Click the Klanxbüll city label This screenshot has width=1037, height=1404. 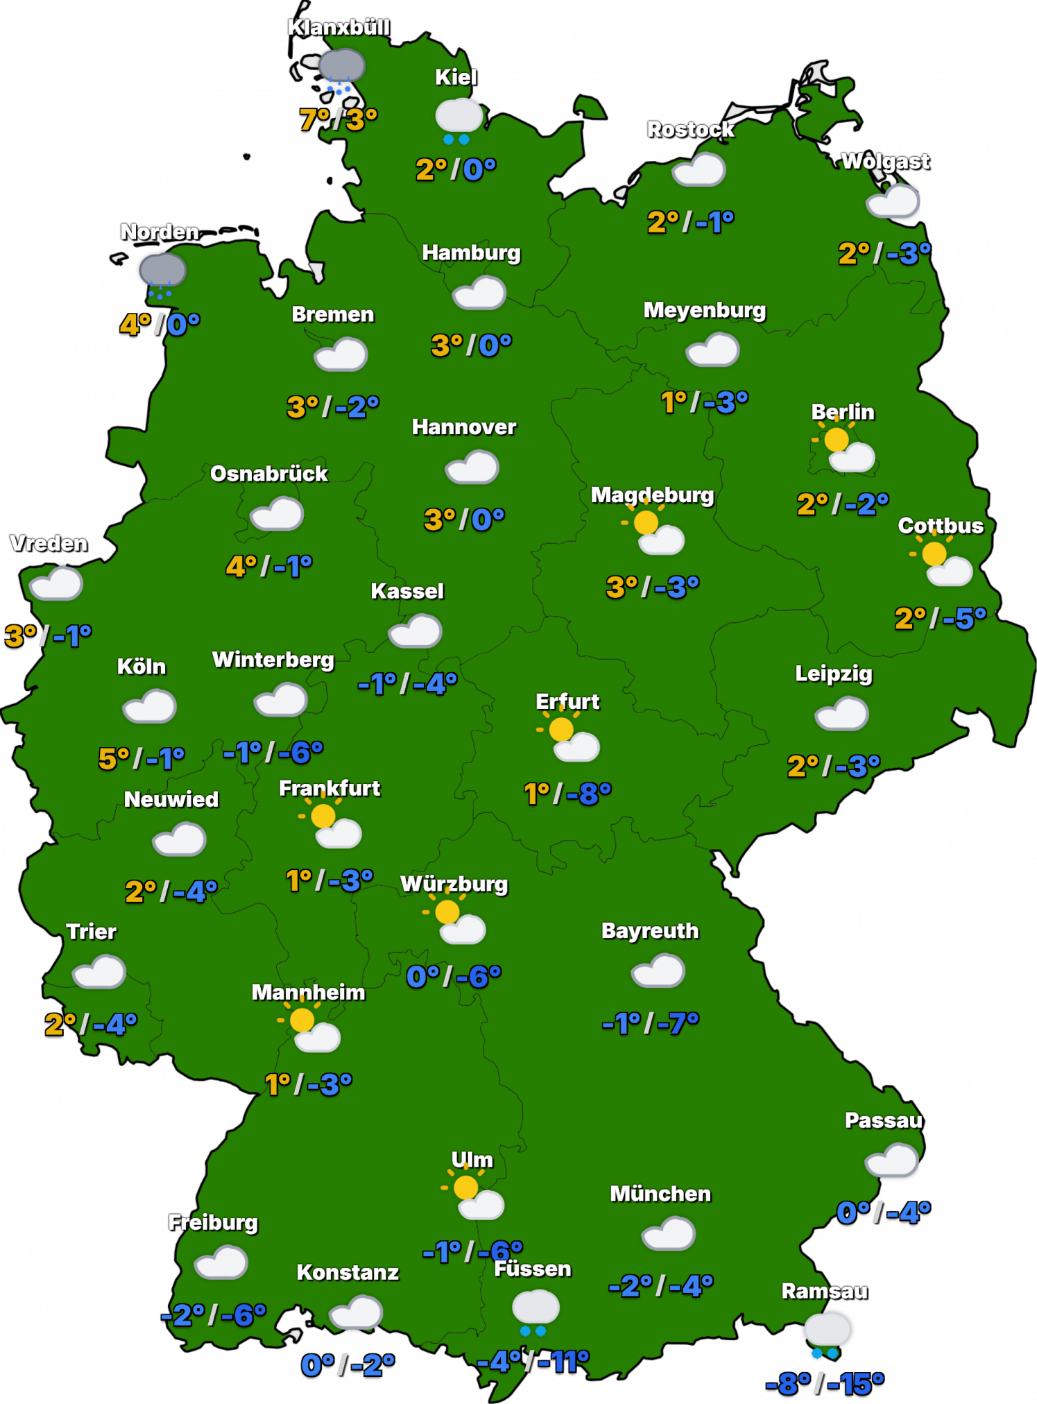click(x=338, y=28)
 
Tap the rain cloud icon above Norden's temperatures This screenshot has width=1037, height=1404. click(x=162, y=273)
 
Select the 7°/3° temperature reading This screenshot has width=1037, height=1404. click(x=338, y=119)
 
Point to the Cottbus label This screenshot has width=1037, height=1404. click(x=941, y=526)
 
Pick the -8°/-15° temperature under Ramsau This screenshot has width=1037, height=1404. click(x=824, y=1383)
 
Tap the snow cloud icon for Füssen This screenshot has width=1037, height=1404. click(x=535, y=1311)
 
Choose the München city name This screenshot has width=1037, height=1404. click(x=660, y=1193)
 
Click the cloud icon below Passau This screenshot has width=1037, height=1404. click(x=892, y=1160)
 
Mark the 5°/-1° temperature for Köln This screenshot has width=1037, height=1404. click(x=142, y=758)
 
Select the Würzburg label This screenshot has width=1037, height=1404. click(x=454, y=884)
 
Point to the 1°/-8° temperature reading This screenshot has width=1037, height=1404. click(x=567, y=793)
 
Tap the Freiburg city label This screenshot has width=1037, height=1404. click(x=213, y=1222)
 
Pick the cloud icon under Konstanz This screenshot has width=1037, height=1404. click(x=356, y=1312)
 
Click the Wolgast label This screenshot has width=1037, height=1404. click(x=885, y=161)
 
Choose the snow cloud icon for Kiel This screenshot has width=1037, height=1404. click(x=458, y=120)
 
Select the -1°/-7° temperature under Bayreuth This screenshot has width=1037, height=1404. click(x=651, y=1022)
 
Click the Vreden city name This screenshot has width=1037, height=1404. click(x=49, y=543)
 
